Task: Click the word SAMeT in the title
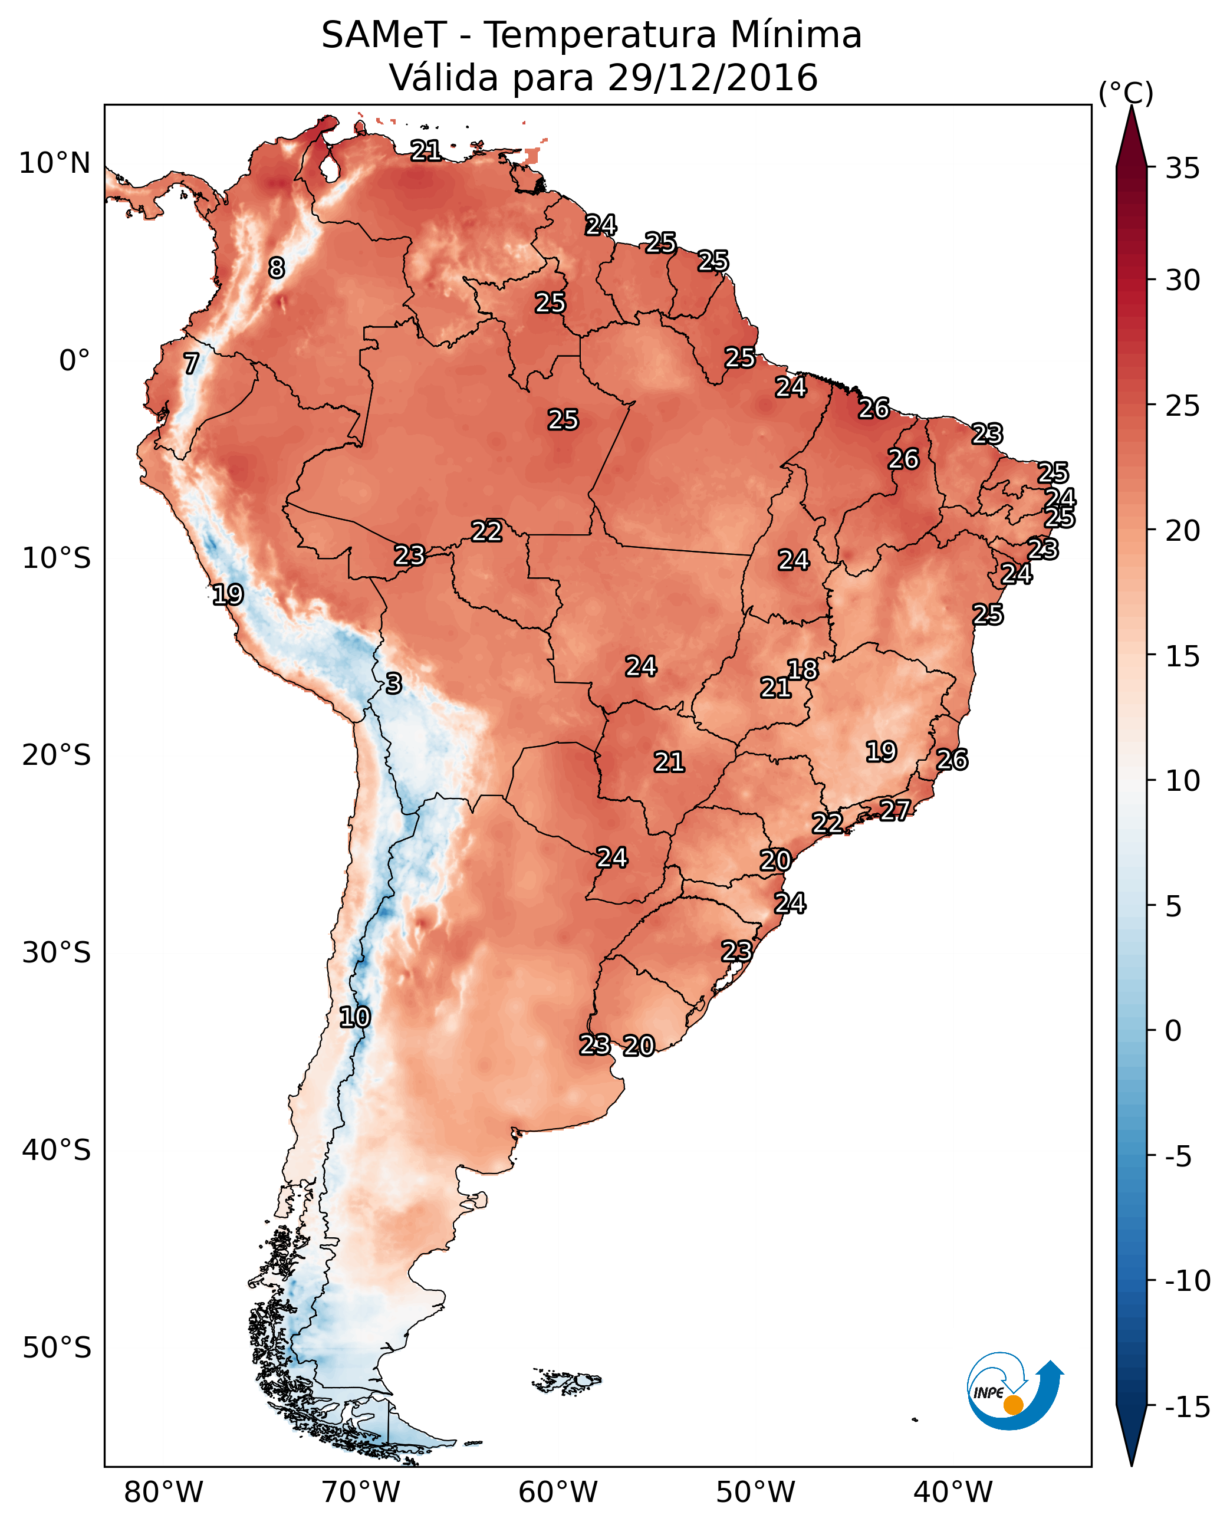(383, 35)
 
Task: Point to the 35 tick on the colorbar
(1182, 169)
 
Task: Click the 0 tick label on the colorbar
(1173, 1030)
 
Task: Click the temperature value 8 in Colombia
(277, 268)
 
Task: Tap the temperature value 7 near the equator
(191, 363)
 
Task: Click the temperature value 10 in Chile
(354, 1018)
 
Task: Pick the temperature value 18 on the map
(803, 670)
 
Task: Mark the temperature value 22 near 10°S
(487, 531)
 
